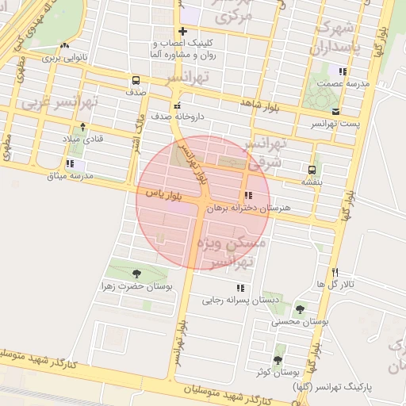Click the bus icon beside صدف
click(136, 80)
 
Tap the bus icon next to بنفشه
click(312, 169)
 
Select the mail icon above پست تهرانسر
click(336, 112)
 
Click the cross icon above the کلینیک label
click(182, 30)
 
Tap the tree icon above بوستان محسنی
click(300, 310)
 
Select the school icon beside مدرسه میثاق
click(71, 164)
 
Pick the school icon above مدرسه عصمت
click(343, 71)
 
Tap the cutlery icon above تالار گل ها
click(336, 272)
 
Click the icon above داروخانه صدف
click(177, 105)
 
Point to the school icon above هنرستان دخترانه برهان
click(249, 195)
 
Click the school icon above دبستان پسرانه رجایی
click(239, 288)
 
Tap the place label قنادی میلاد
click(83, 139)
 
